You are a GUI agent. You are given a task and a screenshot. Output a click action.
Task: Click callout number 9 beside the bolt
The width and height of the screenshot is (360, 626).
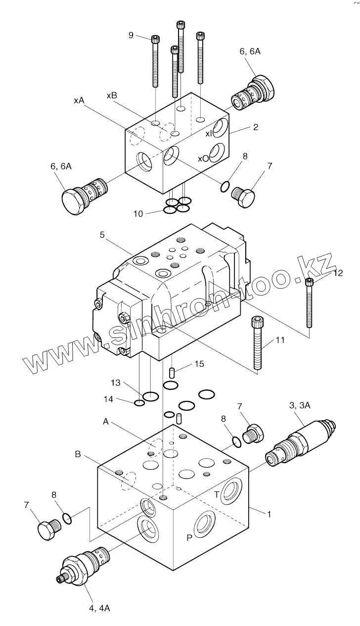click(131, 35)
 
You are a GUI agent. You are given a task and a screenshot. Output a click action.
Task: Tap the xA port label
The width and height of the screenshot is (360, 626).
click(79, 100)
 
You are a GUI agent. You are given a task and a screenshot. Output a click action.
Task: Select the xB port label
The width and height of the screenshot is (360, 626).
click(112, 95)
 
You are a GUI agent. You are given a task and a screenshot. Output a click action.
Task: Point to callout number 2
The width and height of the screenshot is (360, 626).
click(255, 127)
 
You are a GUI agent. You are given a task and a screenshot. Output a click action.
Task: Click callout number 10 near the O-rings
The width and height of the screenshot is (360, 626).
click(138, 213)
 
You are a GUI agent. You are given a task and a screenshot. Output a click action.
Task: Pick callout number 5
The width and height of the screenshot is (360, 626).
click(102, 235)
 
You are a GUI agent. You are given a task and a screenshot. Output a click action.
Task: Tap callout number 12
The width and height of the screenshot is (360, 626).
click(338, 272)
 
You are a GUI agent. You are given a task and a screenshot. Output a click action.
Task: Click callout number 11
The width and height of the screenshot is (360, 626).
click(280, 340)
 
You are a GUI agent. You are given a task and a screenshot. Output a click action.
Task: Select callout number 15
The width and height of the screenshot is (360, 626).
click(199, 364)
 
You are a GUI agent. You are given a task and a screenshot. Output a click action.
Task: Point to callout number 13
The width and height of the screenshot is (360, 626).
click(116, 383)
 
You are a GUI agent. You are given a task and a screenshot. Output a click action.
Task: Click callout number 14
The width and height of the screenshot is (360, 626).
click(109, 398)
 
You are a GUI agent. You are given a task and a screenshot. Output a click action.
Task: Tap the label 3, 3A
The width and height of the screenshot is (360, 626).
click(300, 405)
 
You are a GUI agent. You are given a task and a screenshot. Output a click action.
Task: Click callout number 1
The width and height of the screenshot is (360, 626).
click(269, 514)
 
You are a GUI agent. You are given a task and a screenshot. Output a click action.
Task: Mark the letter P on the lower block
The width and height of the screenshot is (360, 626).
click(189, 538)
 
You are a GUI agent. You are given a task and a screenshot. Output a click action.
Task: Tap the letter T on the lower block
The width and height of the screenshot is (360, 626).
click(216, 494)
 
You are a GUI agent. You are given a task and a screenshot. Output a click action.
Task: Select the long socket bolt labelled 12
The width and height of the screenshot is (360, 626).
click(310, 303)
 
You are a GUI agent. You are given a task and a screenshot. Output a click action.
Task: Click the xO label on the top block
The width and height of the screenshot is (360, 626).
click(203, 158)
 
